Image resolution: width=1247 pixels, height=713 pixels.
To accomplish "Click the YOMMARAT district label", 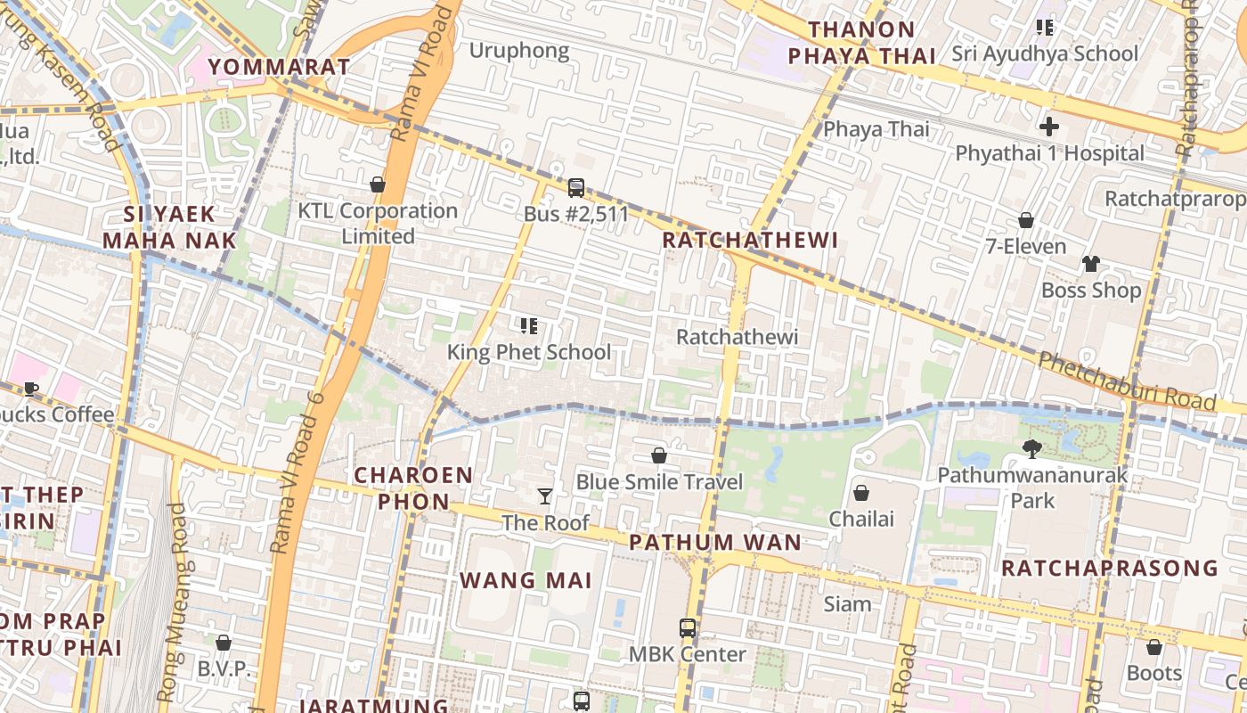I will pos(279,67).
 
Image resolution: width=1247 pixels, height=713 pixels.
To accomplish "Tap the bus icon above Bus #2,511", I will pos(576,188).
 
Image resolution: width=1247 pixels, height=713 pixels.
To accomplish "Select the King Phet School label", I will pos(529,352).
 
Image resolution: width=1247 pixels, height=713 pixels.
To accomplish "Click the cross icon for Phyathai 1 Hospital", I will pos(1049,127).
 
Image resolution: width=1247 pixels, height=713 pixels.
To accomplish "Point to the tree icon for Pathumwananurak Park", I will pos(1032,448).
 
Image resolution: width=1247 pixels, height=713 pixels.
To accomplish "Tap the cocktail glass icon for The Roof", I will pos(545,496).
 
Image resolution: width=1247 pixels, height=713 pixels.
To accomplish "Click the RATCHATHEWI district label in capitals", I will pos(750,240).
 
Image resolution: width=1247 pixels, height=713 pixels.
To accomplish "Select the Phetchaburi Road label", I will pos(1127,382).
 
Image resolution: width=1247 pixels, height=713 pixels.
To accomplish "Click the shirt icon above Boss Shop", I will pos(1091,264).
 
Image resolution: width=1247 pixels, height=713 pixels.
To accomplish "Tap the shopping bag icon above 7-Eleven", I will pos(1026,220).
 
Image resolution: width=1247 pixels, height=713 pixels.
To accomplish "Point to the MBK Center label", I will pos(688,654).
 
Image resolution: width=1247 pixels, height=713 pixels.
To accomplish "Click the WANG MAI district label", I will pos(526,580).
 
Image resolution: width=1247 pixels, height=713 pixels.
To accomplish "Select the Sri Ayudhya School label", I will pos(1045,53).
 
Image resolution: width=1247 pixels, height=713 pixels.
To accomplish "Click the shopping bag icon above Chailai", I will pos(861,493).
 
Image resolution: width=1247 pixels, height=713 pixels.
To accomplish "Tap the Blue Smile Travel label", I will pos(659,482).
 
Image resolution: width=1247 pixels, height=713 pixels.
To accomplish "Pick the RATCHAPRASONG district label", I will pos(1109,568).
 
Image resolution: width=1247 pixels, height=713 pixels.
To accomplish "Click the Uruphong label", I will pos(519,51).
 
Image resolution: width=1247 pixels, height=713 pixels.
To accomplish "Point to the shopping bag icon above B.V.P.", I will pos(224,643).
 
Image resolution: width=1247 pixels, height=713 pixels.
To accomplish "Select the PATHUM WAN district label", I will pos(715,542).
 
